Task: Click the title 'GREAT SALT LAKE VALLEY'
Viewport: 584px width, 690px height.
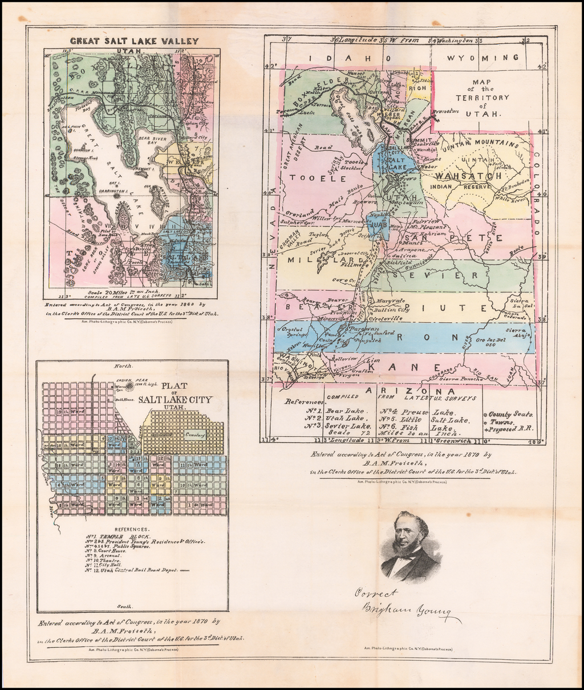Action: tap(134, 41)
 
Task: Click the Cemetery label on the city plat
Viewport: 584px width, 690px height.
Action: tap(196, 435)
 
